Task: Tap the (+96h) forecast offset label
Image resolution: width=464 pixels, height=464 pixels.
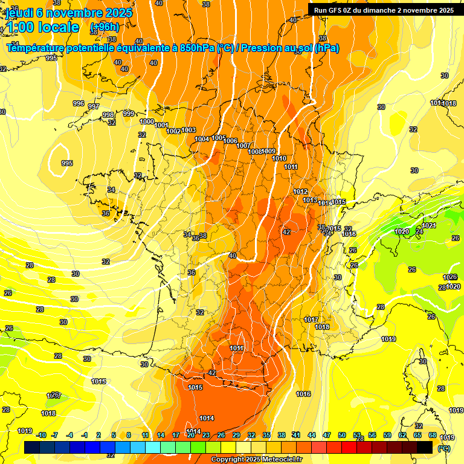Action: (x=105, y=28)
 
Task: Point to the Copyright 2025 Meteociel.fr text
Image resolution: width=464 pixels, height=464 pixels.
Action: (x=257, y=460)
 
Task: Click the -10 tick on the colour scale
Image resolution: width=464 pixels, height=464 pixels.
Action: (x=40, y=435)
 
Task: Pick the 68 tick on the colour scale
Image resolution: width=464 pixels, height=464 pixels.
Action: (x=433, y=435)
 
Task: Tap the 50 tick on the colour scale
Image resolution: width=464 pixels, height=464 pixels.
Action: (x=342, y=435)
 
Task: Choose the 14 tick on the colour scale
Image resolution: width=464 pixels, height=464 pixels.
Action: (x=161, y=435)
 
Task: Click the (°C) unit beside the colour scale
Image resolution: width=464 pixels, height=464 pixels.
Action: (x=443, y=448)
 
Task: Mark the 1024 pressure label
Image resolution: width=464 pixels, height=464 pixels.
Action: (x=429, y=225)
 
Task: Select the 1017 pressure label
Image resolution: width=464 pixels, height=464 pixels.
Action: (x=311, y=320)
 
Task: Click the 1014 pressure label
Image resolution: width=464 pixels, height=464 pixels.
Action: (x=207, y=418)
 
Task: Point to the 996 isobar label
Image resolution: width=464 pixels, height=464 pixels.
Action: (x=79, y=103)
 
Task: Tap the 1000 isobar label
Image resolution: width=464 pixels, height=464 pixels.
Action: (x=147, y=121)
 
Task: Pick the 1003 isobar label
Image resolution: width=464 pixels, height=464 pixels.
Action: (x=188, y=130)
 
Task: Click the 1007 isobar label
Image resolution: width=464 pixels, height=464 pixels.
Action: (x=243, y=146)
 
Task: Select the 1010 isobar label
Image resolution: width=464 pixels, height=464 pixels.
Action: (x=279, y=158)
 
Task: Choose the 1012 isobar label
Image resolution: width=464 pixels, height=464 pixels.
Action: (x=300, y=192)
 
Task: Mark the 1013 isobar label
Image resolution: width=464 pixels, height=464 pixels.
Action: (x=310, y=200)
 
